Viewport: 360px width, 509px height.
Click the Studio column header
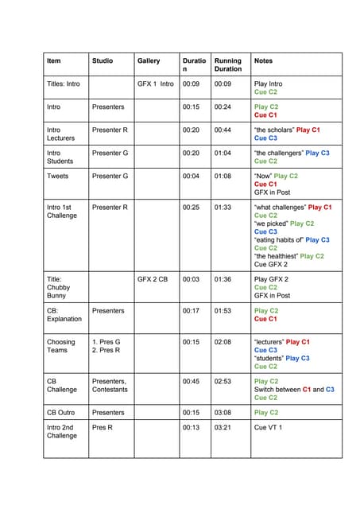[x=102, y=60]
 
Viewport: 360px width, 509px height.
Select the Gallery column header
[x=149, y=60]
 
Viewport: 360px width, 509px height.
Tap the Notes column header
[x=264, y=60]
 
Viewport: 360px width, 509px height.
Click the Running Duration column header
[x=228, y=64]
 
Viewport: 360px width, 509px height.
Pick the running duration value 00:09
[x=223, y=83]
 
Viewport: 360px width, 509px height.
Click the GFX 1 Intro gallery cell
[x=155, y=83]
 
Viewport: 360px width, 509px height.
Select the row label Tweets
[x=58, y=176]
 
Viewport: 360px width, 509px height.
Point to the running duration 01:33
[x=223, y=207]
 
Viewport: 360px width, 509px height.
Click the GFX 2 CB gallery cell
[x=153, y=279]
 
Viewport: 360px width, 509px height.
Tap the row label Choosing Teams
[x=61, y=346]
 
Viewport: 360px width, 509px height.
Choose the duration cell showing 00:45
[x=191, y=381]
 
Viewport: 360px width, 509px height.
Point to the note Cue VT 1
[x=268, y=427]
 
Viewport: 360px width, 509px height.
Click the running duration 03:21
[x=223, y=427]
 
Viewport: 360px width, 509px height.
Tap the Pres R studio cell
[x=103, y=427]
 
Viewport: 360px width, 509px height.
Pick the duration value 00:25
[x=191, y=207]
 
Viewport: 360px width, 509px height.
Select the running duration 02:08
[x=223, y=342]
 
